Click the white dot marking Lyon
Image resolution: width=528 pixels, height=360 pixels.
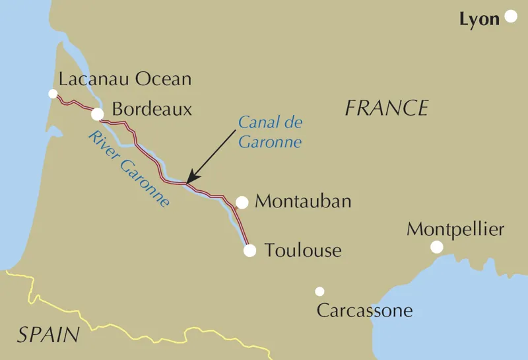click(511, 17)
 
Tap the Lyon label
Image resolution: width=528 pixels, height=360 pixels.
click(479, 20)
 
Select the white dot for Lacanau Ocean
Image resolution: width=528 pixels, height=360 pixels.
click(53, 94)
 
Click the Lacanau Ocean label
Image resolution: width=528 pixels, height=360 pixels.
click(125, 80)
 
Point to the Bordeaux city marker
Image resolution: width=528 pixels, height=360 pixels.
click(97, 115)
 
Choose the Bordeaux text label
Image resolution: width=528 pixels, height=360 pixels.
click(152, 109)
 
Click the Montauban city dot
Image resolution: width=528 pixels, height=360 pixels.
click(242, 202)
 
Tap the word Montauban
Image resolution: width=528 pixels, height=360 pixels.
click(303, 201)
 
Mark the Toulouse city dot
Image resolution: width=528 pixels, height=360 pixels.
click(249, 250)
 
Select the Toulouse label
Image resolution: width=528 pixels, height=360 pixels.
click(303, 250)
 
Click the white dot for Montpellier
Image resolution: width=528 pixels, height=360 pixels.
click(436, 247)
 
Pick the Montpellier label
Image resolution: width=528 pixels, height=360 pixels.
click(455, 230)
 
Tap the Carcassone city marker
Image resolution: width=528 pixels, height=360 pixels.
click(319, 291)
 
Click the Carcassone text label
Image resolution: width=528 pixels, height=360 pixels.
click(364, 310)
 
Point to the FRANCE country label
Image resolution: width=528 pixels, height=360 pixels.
click(387, 108)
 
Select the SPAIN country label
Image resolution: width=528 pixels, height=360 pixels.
click(48, 335)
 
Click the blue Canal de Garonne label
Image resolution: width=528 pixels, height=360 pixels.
click(269, 131)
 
